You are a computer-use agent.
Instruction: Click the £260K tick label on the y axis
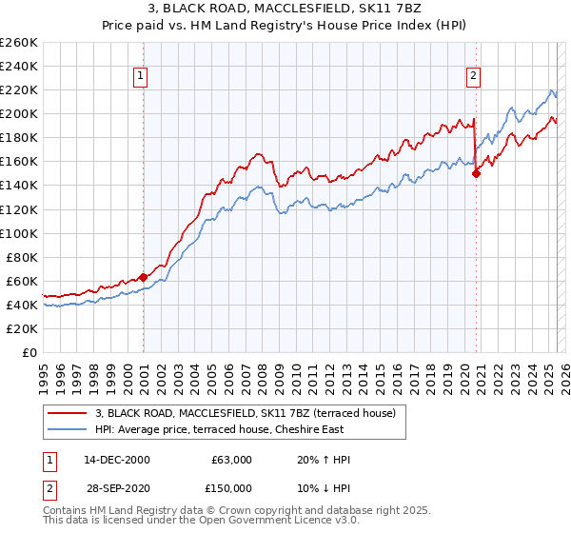pos(19,43)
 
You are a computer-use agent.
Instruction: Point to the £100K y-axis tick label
pos(19,233)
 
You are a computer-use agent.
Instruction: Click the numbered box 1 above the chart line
pos(141,77)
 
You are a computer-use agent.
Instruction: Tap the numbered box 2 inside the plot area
pos(473,77)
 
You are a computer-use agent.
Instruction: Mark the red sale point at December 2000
pos(143,277)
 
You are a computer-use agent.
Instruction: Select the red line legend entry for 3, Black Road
pos(251,413)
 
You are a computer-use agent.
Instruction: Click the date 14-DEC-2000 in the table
pos(117,460)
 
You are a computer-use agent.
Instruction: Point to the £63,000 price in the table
pos(231,460)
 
